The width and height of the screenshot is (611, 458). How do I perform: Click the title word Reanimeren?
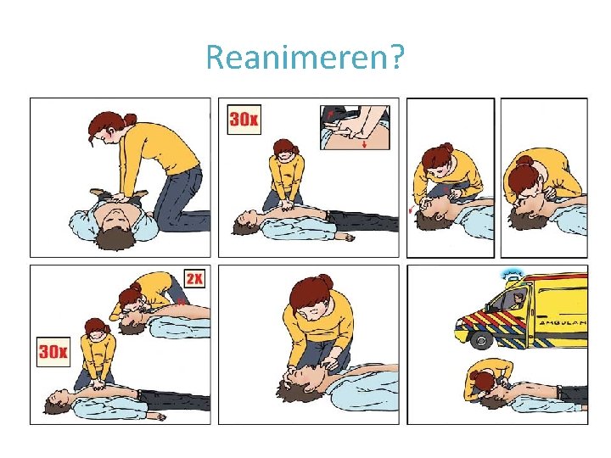305,58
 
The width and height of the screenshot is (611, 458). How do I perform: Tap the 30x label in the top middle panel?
244,120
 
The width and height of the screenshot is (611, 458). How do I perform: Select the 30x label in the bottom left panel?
53,352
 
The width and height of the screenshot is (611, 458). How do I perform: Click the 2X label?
194,278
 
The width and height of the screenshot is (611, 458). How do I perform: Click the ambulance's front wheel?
482,339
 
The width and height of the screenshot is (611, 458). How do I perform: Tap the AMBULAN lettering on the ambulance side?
563,323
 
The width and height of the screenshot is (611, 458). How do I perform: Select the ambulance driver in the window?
518,300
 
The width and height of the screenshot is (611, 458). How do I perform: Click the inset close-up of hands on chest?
355,127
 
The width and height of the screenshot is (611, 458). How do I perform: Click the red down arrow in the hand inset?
365,144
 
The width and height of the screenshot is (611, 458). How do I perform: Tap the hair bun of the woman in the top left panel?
131,120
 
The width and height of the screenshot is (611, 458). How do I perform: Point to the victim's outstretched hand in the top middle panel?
345,237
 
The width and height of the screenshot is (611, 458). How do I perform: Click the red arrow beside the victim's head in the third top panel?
411,210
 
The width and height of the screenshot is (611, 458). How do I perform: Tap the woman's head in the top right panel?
524,181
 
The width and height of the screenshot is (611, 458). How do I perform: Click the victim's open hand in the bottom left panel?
157,417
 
